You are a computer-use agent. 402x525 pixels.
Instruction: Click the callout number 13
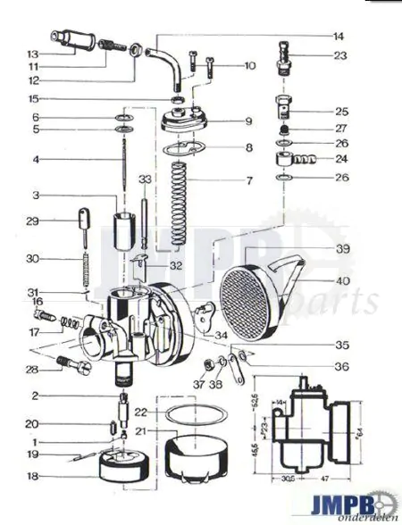(x=32, y=53)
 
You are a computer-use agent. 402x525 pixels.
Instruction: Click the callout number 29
(x=32, y=221)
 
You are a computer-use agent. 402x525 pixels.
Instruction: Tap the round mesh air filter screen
(x=255, y=291)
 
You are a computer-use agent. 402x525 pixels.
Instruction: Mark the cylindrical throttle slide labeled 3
(x=122, y=234)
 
